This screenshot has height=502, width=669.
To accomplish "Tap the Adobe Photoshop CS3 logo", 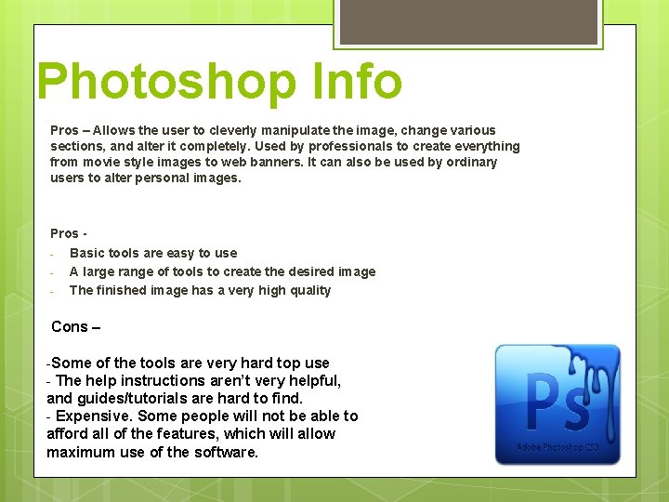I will [x=557, y=404].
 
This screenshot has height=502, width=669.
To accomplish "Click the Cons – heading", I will [x=75, y=326].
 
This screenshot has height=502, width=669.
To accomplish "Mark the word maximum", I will [x=80, y=452].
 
